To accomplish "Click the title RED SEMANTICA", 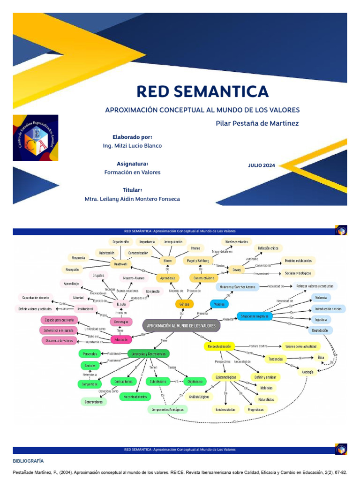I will tap(202, 91).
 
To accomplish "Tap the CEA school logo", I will tap(36, 138).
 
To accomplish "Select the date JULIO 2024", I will tap(262, 165).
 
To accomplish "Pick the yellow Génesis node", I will tap(184, 304).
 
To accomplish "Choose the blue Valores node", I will tap(219, 304).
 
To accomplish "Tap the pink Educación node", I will tap(120, 339).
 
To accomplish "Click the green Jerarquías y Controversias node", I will tap(149, 353).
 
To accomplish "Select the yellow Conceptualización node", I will tap(219, 346).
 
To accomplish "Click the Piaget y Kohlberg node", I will tap(200, 260).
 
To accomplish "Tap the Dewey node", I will tap(236, 270).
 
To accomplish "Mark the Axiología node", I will tap(307, 371).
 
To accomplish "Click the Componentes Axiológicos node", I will tap(167, 409).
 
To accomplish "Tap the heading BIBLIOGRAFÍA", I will tap(28, 461).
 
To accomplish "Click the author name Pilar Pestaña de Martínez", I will tap(257, 123).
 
